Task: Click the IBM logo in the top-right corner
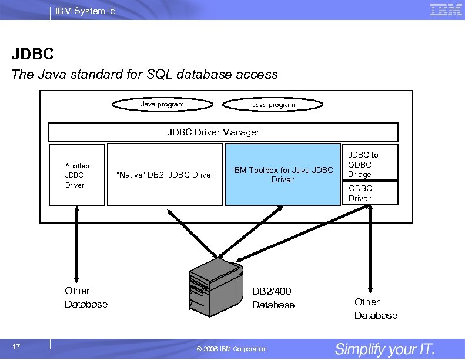[446, 10]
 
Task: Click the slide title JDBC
[32, 55]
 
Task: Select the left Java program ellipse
[163, 105]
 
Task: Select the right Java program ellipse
[273, 105]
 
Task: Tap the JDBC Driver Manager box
[223, 132]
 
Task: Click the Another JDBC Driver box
[76, 175]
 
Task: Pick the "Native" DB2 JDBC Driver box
[165, 175]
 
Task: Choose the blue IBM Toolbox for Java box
[282, 175]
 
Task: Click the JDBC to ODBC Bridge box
[370, 164]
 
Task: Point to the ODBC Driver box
[370, 194]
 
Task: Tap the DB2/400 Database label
[273, 298]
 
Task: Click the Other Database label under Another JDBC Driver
[86, 297]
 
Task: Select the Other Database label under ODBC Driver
[376, 308]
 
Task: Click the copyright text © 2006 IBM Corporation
[232, 349]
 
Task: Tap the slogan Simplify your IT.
[384, 349]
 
